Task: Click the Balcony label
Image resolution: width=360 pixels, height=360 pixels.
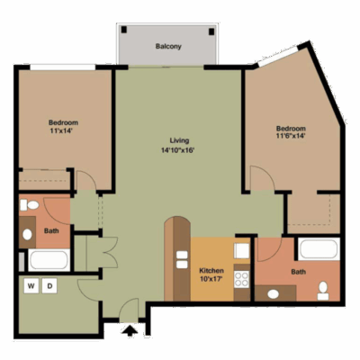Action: (x=168, y=47)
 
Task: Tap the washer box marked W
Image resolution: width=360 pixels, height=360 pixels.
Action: (x=31, y=286)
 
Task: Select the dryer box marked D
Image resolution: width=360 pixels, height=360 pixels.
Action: (x=49, y=286)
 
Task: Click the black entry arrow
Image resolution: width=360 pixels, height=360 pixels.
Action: (x=130, y=330)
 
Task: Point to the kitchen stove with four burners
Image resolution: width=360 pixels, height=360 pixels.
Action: (x=241, y=279)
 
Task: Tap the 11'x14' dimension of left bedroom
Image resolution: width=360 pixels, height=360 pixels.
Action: (x=62, y=130)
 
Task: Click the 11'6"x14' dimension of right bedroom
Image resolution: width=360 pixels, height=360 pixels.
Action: (x=291, y=136)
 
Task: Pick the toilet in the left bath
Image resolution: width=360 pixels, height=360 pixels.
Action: (x=30, y=205)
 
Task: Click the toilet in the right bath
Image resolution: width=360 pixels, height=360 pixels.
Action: (x=323, y=291)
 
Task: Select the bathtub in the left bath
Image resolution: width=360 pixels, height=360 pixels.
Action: (x=49, y=260)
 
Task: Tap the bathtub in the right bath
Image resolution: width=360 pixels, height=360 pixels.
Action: (x=319, y=249)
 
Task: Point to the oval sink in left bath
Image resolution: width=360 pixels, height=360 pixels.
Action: (x=27, y=234)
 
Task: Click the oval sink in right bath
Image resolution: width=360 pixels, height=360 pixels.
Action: (x=273, y=294)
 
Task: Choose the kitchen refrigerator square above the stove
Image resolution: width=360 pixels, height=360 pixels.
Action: (x=241, y=251)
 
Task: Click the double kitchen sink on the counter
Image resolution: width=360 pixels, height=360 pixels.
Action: (x=182, y=260)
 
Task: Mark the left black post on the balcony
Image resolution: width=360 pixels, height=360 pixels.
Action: (x=124, y=30)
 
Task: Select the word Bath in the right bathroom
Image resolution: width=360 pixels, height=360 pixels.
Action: (x=299, y=272)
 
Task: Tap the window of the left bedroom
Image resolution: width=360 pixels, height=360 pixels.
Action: (x=63, y=67)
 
